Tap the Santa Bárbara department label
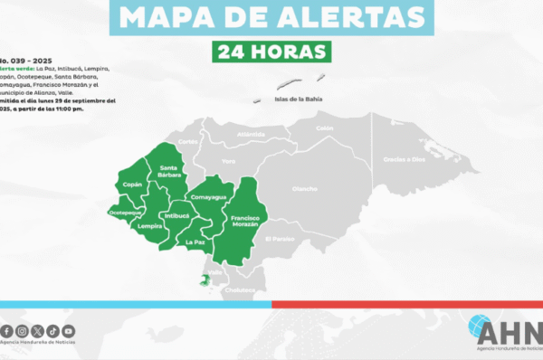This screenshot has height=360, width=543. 168,171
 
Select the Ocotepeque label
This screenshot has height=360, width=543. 125,212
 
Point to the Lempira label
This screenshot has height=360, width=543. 150,226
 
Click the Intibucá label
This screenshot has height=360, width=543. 176,216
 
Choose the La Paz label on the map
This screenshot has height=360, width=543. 195,242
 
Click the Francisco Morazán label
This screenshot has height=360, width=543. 244,221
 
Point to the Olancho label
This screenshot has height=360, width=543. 304,189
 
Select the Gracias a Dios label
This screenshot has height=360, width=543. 403,159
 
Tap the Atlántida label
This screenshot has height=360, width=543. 251,134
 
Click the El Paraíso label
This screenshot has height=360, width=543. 281,238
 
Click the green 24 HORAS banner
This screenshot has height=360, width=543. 271,52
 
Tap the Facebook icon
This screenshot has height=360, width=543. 8,331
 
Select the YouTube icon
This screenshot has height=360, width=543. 69,331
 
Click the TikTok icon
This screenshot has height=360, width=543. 53,331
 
